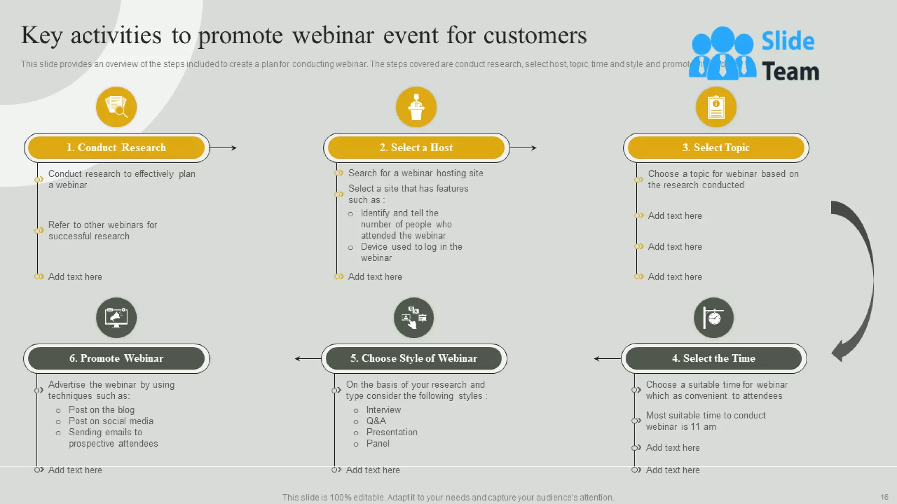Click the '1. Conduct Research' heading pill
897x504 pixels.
pos(116,147)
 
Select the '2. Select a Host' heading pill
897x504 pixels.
pos(416,147)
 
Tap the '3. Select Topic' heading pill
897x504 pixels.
pos(716,147)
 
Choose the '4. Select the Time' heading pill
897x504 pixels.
pos(713,358)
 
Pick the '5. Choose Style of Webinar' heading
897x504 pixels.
pos(413,358)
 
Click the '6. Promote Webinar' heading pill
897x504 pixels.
pos(116,358)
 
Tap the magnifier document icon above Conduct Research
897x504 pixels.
pos(116,107)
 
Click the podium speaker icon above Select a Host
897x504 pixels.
pos(416,107)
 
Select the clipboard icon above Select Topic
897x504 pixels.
pos(716,107)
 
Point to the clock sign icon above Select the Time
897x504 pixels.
pos(713,318)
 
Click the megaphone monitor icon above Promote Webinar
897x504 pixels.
pos(116,318)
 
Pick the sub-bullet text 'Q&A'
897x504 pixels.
pos(376,421)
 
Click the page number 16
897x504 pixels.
pos(884,497)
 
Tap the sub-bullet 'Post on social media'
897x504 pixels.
pos(111,421)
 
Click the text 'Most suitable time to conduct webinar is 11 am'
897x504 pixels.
pos(705,421)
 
